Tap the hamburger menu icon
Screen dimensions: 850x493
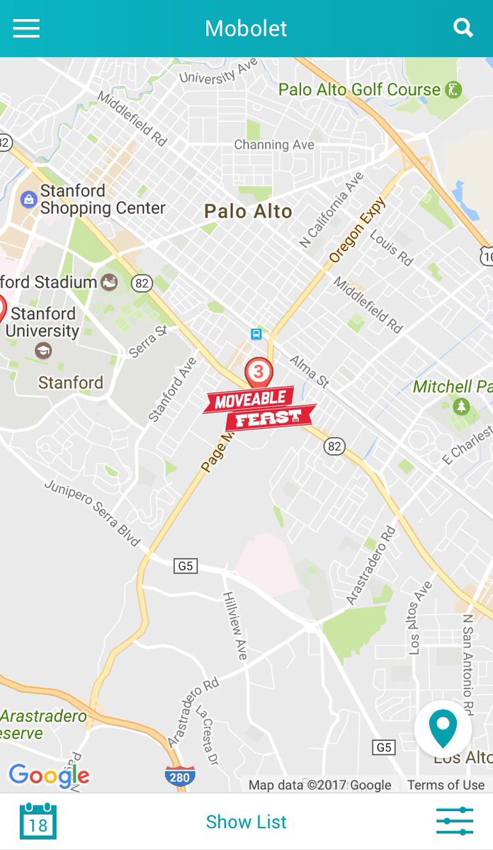(26, 28)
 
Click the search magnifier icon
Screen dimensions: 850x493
(463, 28)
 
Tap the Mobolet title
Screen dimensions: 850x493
(246, 28)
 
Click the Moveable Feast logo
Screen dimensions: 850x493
(259, 409)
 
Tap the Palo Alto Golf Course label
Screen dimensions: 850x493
(360, 90)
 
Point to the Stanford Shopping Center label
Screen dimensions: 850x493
(103, 200)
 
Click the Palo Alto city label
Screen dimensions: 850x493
(248, 211)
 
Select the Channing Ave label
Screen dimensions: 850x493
(274, 144)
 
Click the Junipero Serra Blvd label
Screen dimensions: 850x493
(92, 514)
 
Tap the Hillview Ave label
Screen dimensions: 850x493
(235, 625)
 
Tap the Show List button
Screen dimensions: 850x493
(246, 822)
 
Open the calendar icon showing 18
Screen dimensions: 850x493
(38, 822)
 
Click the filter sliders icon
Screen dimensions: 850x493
(454, 822)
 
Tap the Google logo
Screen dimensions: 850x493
(49, 775)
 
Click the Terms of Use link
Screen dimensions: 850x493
(446, 785)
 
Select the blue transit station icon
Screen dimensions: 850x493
(256, 334)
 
